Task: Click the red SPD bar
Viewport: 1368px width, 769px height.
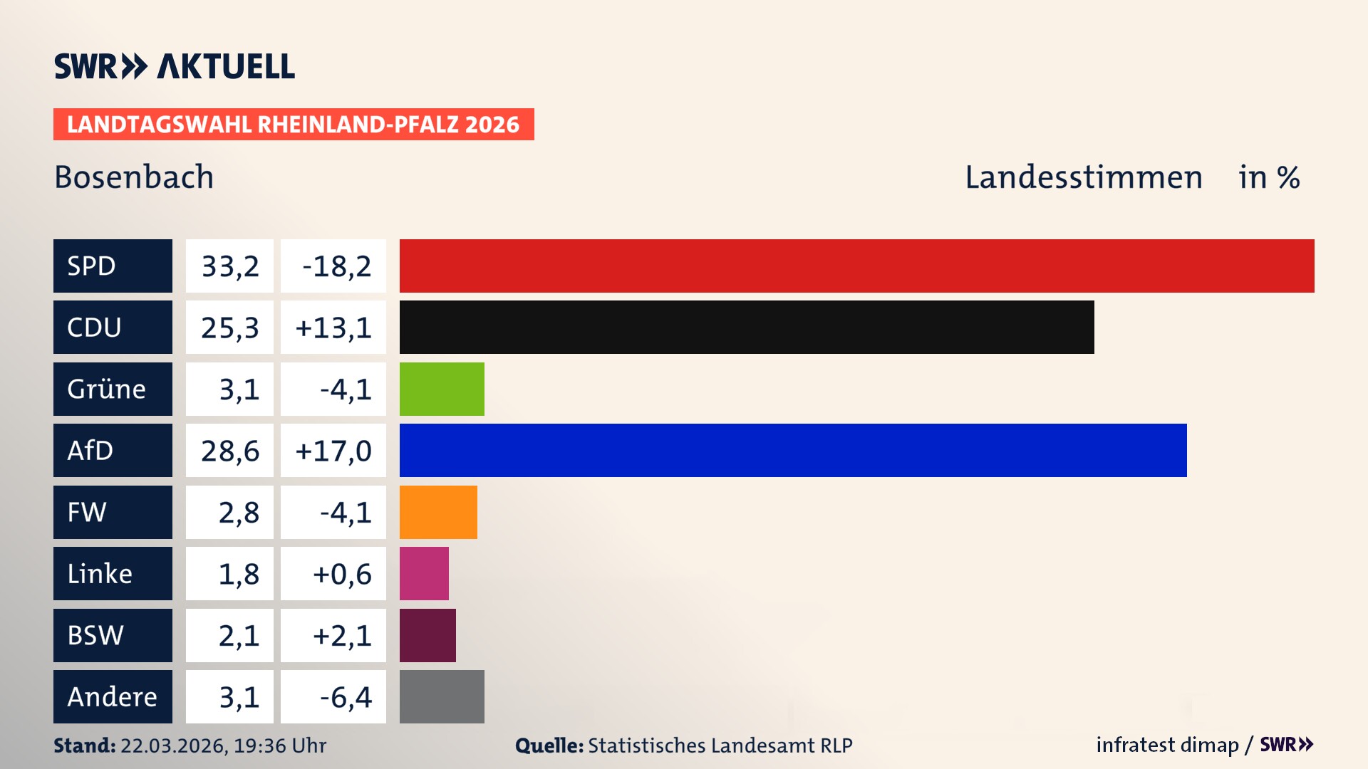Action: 856,266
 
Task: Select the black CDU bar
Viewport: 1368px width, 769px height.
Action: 747,327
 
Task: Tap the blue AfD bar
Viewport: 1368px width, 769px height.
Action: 793,450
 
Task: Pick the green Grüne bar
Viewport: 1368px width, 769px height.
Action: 442,389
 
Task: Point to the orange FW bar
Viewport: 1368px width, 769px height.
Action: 438,512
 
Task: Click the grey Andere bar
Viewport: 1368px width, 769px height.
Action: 442,696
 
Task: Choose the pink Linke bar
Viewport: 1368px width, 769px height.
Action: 424,573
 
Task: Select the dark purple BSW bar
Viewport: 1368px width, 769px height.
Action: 427,635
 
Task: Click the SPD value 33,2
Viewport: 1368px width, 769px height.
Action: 229,266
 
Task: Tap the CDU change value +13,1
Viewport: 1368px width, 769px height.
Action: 333,328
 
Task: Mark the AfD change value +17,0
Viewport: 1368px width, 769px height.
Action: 333,451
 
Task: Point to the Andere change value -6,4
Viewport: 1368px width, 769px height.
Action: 346,697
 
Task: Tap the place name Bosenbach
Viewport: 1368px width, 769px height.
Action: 134,177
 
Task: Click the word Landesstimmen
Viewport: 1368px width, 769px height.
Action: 1083,177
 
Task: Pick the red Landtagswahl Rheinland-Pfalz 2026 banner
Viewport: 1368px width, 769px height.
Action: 294,124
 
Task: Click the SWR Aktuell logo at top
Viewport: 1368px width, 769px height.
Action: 175,66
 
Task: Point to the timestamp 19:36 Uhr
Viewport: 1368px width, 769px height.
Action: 280,746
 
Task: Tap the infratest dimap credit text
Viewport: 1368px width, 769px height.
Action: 1167,745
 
